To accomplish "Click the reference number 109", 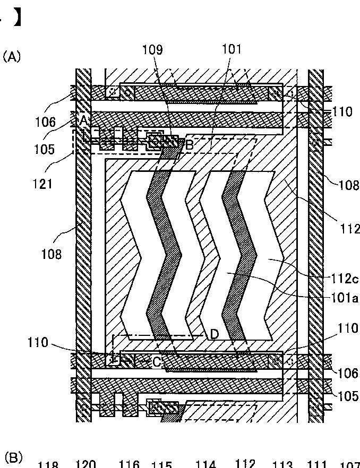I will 152,50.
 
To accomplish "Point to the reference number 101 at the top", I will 232,49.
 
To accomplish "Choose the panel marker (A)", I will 12,57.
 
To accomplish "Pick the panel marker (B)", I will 13,457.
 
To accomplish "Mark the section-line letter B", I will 189,143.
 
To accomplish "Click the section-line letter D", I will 215,334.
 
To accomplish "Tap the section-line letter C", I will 157,362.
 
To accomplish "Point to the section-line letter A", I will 83,120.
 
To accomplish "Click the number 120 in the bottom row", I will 85,464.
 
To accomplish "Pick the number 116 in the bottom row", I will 129,465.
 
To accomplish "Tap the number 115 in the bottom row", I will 161,465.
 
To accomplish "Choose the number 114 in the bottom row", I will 205,465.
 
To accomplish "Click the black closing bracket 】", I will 18,18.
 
